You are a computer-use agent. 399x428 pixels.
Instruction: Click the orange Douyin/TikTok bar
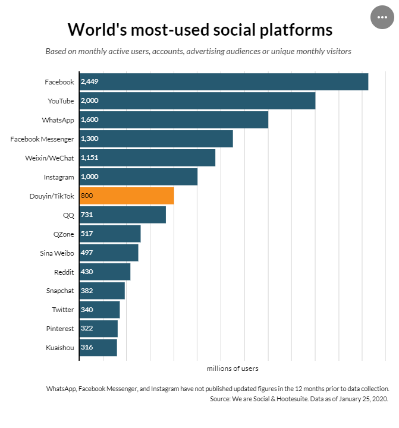coord(126,196)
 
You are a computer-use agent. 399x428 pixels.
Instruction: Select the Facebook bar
coord(224,82)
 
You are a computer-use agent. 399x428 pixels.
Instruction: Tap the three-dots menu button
coord(382,17)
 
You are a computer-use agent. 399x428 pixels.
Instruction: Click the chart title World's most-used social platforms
coord(199,30)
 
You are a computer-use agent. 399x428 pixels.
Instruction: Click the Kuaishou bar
coord(98,347)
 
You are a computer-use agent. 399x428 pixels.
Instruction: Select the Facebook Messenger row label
coord(42,139)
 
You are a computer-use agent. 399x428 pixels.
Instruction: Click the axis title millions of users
coord(233,369)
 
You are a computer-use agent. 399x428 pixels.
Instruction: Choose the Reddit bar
coord(105,272)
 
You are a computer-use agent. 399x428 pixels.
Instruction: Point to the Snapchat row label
coord(60,291)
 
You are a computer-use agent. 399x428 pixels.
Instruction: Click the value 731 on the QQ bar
coord(87,215)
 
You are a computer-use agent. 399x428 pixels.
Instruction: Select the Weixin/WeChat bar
coord(147,158)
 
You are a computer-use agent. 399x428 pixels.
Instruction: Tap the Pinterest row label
coord(60,328)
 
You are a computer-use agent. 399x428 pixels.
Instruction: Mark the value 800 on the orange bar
coord(87,196)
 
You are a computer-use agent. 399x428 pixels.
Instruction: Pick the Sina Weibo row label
coord(57,253)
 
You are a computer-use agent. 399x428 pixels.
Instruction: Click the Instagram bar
coord(138,177)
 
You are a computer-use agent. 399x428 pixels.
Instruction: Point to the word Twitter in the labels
coord(63,310)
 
